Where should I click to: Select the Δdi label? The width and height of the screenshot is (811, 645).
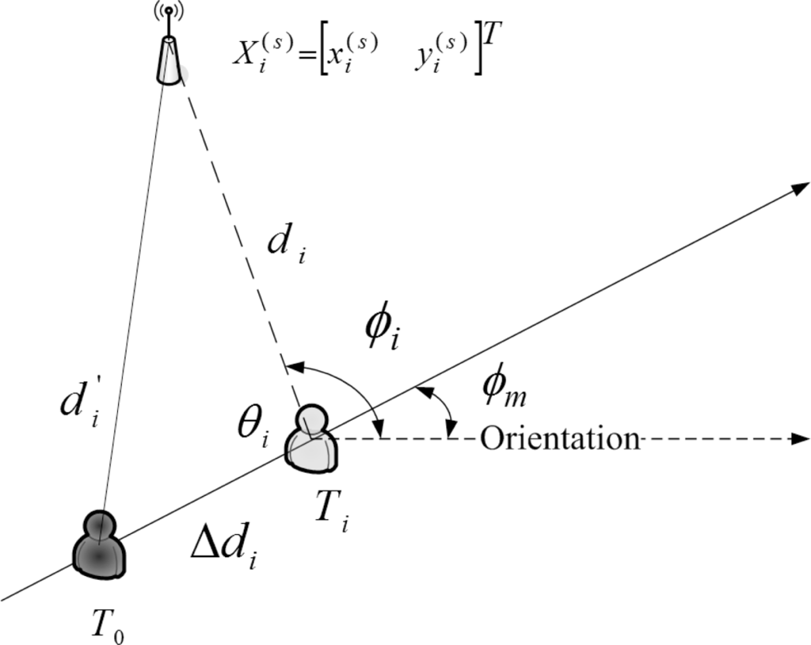[x=227, y=546]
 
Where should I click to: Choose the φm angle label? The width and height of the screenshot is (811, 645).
[x=505, y=389]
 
